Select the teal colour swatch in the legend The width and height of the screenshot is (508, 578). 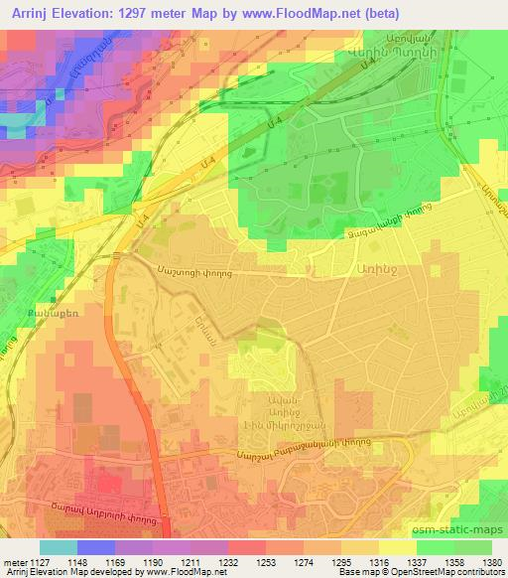(59, 546)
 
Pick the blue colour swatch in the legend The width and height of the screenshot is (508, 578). (96, 546)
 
